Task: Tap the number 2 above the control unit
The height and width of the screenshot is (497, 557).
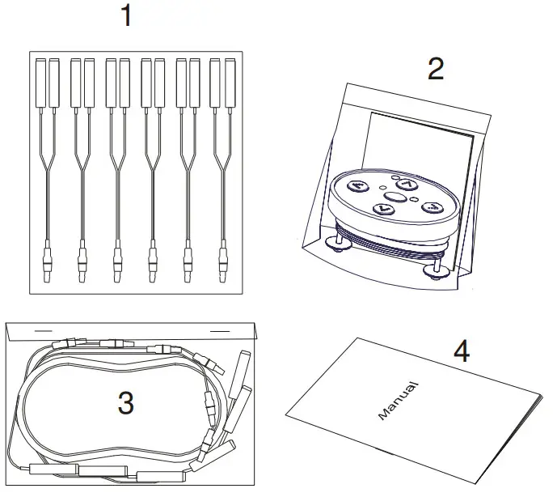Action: click(x=435, y=70)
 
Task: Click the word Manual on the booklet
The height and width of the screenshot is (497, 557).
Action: click(x=398, y=400)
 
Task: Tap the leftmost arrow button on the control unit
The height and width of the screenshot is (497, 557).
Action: click(x=358, y=185)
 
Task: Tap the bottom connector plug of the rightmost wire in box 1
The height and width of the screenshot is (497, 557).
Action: click(x=222, y=261)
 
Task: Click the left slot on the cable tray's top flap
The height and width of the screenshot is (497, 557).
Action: click(x=42, y=330)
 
